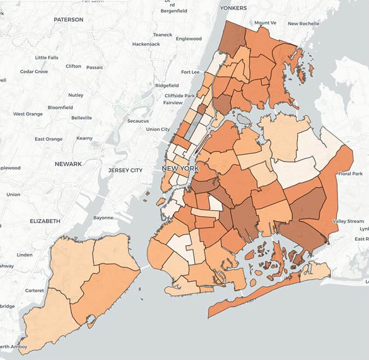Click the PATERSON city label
(68, 20)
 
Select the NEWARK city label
(68, 164)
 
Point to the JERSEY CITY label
(125, 170)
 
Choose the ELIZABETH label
(45, 221)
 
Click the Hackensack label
(145, 43)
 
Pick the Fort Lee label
(190, 72)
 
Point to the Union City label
(158, 129)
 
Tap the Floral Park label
(350, 174)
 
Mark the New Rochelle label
(303, 24)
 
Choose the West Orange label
(28, 114)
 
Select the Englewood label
(189, 39)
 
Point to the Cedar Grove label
(34, 71)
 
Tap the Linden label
(25, 254)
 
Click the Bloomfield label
(60, 107)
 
